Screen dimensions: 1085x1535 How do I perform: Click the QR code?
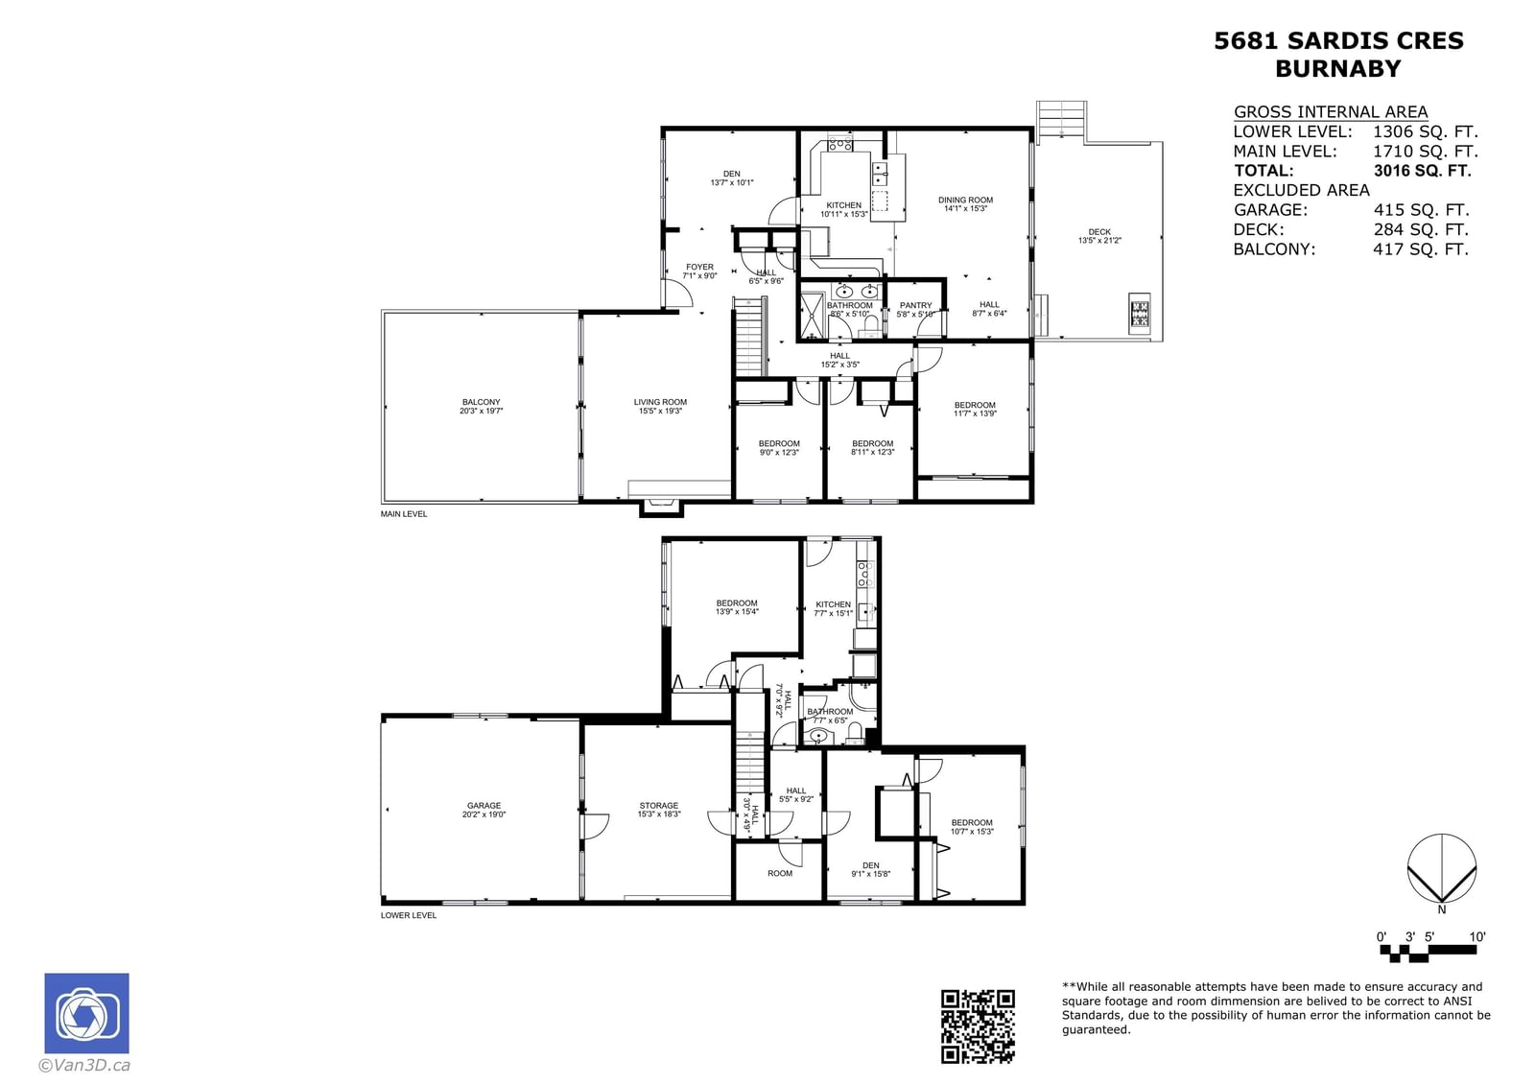(x=978, y=1026)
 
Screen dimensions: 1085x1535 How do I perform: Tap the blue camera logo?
(x=86, y=1014)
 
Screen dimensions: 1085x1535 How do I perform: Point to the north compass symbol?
(x=1441, y=870)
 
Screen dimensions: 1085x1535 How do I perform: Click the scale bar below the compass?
(x=1429, y=951)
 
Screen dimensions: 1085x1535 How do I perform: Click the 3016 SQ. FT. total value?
(x=1422, y=171)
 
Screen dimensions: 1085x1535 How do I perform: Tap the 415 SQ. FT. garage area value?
(x=1421, y=210)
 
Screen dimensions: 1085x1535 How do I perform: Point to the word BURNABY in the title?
(x=1337, y=69)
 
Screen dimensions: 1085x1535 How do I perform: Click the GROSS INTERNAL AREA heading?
(x=1330, y=111)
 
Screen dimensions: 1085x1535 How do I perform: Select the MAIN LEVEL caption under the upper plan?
(x=404, y=514)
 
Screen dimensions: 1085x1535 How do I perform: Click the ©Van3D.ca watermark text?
(x=84, y=1065)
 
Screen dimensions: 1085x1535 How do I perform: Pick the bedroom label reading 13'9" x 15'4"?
(x=737, y=607)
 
